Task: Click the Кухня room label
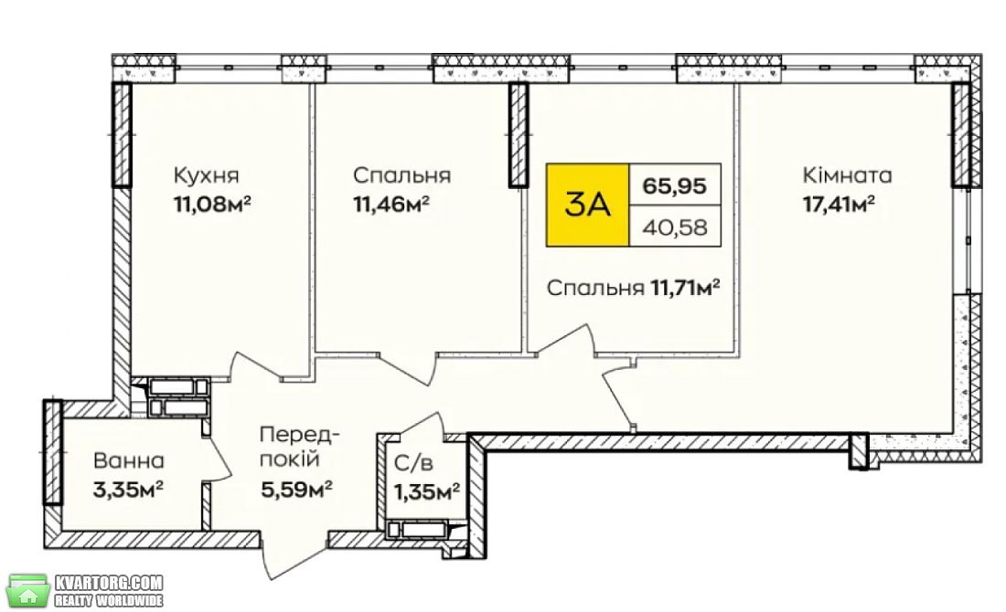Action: point(206,175)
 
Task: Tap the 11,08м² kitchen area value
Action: point(212,205)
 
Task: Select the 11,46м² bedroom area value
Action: point(391,205)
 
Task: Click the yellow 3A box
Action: point(587,206)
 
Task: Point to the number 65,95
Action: point(675,185)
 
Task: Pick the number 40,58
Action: point(675,227)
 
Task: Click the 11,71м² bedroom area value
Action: point(685,289)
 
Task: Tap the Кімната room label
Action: point(847,175)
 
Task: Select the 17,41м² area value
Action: point(840,205)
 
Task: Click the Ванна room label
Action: point(128,460)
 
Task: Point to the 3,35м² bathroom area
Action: point(128,491)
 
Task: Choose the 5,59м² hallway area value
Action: point(295,490)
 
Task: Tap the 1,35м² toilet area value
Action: point(427,491)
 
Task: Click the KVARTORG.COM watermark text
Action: point(109,583)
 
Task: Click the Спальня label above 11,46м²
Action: point(401,175)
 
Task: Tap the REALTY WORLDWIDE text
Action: point(109,600)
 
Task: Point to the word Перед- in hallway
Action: point(299,436)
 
